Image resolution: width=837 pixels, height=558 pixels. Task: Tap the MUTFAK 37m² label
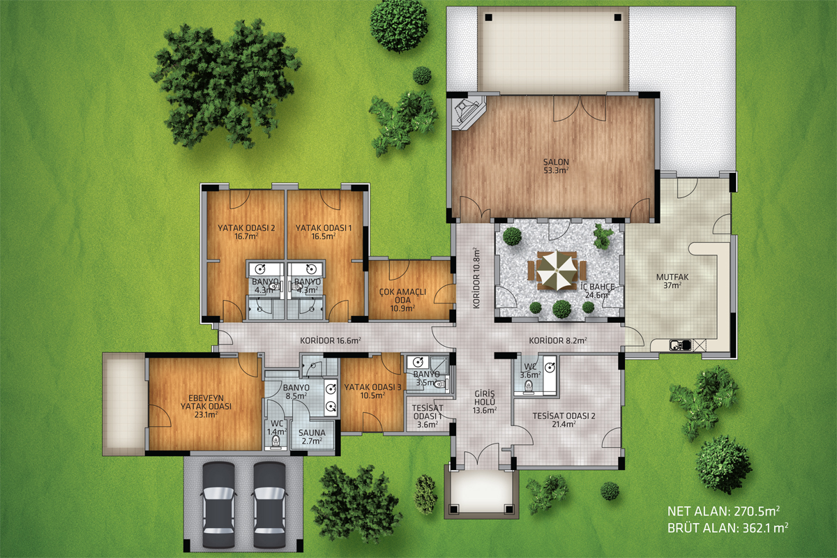tap(672, 281)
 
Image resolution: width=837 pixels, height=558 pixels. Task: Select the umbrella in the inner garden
tap(557, 271)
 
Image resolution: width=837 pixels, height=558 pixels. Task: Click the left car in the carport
tap(218, 505)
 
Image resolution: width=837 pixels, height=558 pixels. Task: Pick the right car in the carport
tap(269, 505)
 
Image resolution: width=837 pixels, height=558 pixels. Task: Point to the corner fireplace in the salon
tap(468, 112)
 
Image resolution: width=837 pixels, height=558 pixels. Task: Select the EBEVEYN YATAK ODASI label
tap(206, 406)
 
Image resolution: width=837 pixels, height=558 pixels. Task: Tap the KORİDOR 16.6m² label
tap(331, 340)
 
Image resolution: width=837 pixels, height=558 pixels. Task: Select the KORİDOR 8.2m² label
tap(557, 340)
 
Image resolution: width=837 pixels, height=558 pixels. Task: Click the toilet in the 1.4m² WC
tap(276, 442)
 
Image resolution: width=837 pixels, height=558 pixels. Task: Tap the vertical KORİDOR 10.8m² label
tap(476, 278)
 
